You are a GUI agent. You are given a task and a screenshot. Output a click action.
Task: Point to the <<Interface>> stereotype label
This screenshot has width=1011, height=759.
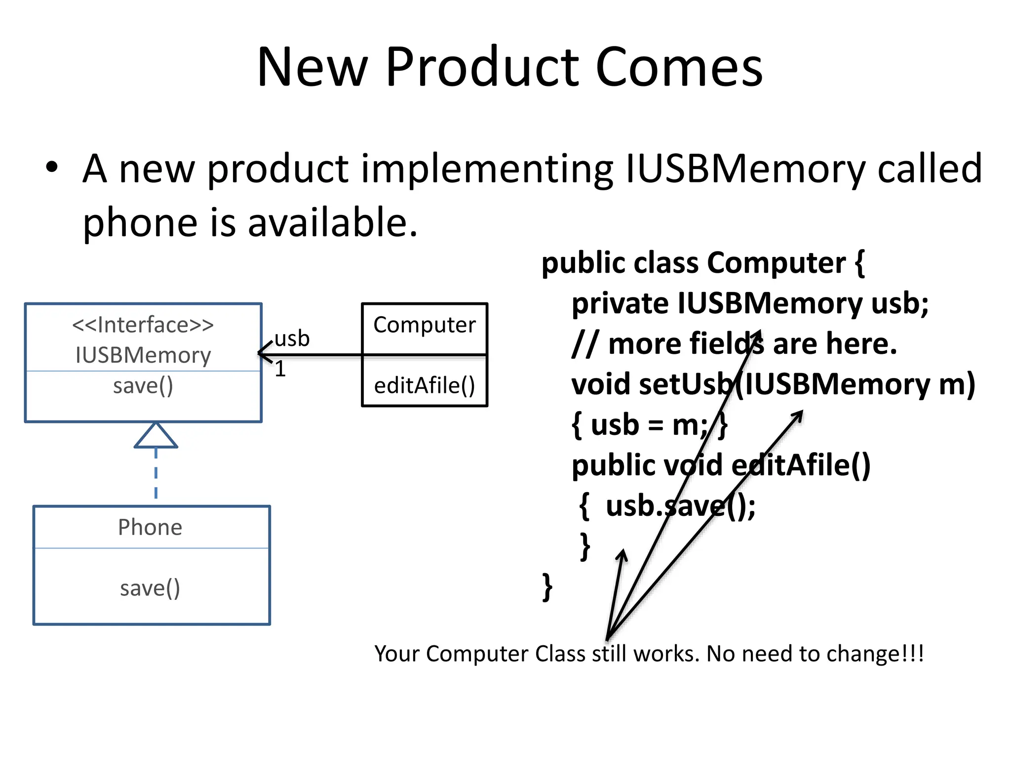coord(143,325)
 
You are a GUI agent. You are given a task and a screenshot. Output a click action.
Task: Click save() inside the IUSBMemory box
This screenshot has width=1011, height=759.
coord(143,386)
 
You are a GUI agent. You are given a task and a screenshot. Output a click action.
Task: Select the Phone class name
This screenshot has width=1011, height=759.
coord(150,527)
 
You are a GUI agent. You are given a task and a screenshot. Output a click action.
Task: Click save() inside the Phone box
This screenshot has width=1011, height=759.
coord(150,588)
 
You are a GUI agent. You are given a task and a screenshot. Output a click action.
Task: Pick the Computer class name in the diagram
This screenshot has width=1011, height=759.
coord(424,325)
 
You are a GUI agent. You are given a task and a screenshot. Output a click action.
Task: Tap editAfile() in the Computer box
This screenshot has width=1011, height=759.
coord(424,386)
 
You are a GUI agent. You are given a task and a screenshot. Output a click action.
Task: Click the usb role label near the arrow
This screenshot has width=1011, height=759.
coord(292,339)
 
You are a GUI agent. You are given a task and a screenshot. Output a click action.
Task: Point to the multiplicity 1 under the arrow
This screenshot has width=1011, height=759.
coord(280,369)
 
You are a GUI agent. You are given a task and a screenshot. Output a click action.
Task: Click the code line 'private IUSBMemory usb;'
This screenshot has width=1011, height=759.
coord(749,303)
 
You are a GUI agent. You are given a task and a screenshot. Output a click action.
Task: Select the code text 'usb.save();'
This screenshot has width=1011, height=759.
coord(680,506)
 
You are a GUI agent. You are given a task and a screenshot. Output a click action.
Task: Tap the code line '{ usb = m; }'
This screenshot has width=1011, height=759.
coord(649,425)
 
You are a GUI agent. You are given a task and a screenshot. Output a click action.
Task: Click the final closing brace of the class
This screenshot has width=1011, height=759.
coord(547,587)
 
